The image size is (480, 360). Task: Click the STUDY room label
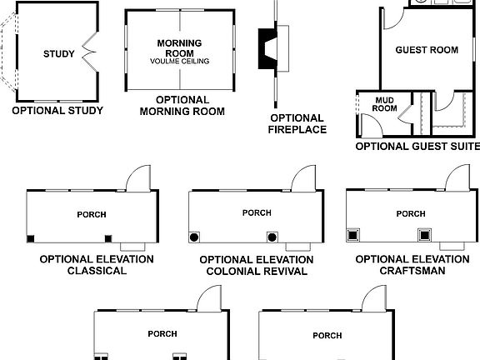tap(58, 55)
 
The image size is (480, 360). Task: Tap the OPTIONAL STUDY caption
tap(57, 110)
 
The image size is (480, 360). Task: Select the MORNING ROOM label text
tap(180, 47)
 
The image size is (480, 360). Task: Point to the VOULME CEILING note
tap(180, 62)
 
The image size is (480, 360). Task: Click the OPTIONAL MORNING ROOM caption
tap(181, 105)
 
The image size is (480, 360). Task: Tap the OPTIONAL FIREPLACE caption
tap(297, 123)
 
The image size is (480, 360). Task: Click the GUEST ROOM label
tap(427, 50)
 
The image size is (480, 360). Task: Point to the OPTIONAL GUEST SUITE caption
tap(417, 146)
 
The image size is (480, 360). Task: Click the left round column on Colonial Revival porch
tap(194, 237)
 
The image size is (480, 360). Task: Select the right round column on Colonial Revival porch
tap(271, 236)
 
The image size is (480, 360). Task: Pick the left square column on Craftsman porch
tap(353, 235)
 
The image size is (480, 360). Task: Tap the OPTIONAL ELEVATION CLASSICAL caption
tap(96, 265)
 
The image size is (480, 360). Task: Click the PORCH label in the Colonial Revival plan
tap(257, 213)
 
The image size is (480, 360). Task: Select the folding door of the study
tap(88, 55)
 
